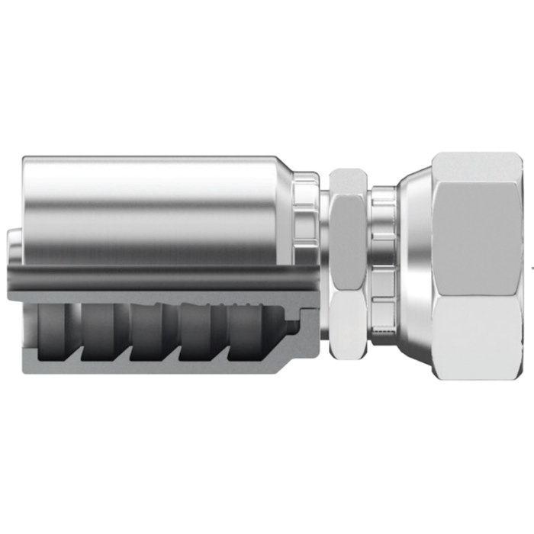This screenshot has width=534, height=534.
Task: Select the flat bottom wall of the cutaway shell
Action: [153, 368]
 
